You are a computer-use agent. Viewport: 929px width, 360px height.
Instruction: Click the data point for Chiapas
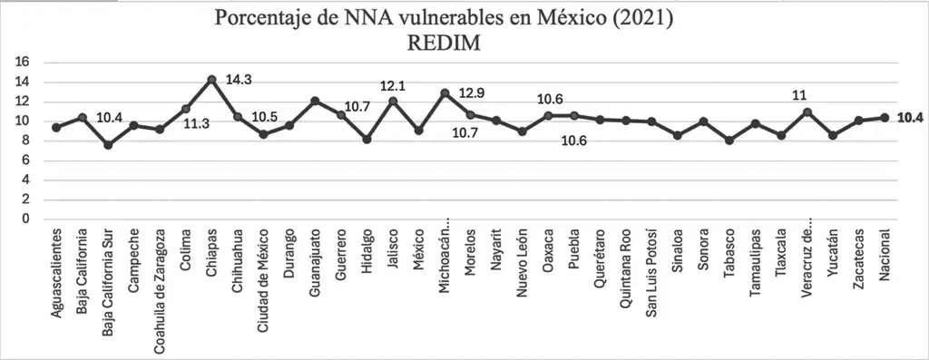(x=211, y=79)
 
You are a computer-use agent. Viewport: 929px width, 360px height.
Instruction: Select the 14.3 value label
(x=240, y=79)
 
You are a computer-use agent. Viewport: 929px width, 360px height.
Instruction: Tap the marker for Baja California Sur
(x=108, y=145)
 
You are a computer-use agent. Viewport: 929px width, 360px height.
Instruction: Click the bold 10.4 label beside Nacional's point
(x=910, y=118)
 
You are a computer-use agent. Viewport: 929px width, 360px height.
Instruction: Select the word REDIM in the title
(x=443, y=44)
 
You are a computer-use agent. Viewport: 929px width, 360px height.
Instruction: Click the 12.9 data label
(x=472, y=93)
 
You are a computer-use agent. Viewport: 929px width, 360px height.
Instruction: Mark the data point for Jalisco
(x=393, y=102)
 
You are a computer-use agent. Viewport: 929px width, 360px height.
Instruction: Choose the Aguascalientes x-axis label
(x=56, y=273)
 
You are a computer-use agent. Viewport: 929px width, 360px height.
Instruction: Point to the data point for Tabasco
(x=729, y=141)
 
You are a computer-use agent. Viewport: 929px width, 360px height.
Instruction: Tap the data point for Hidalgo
(x=367, y=139)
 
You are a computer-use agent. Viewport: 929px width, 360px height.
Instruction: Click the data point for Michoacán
(x=445, y=93)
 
